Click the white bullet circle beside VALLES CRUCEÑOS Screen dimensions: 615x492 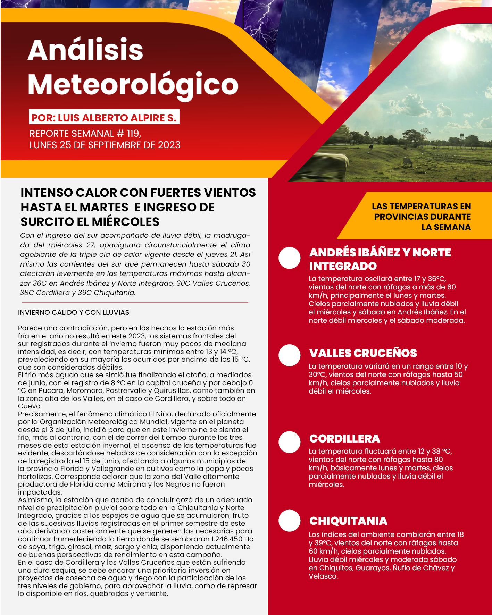289,355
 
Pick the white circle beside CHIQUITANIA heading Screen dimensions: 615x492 289,521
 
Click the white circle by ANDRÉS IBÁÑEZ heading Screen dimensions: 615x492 289,258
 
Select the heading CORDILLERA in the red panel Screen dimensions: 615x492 344,439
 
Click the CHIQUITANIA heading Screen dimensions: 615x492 348,521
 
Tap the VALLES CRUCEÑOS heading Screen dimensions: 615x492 363,353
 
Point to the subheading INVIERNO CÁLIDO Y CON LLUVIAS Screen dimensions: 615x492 74,312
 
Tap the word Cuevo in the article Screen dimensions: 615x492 30,406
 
